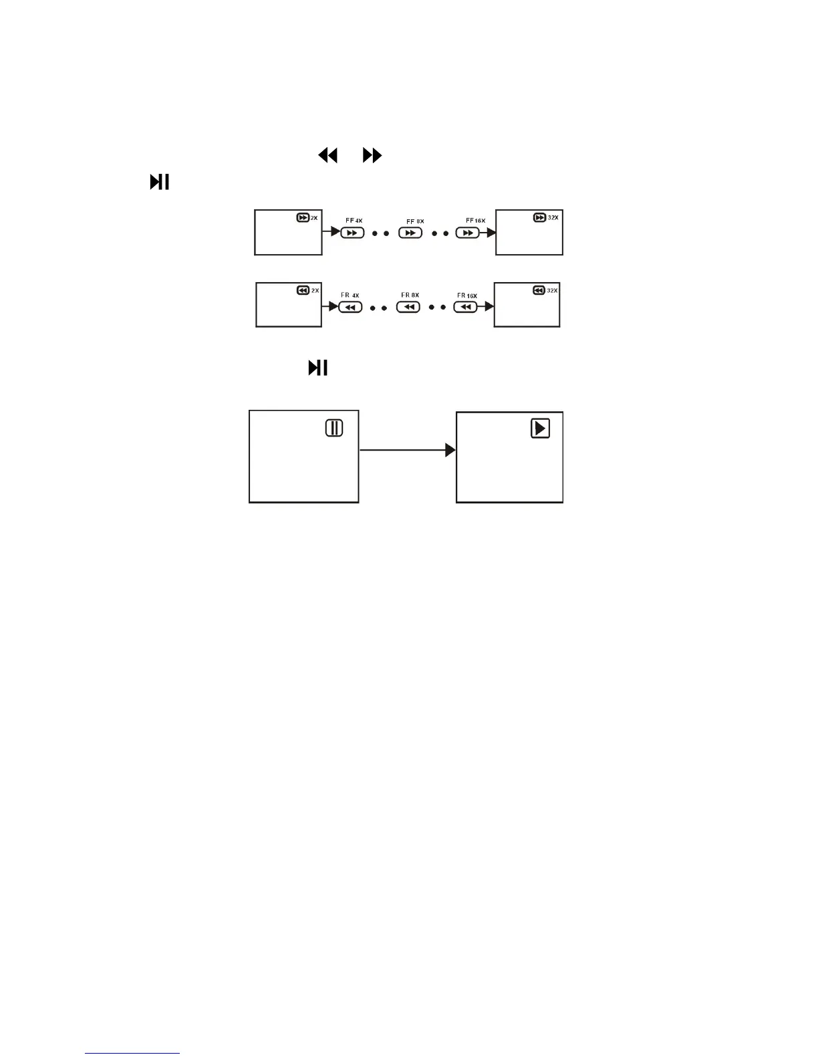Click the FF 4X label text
tap(354, 221)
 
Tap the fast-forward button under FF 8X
tap(410, 233)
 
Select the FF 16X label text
tap(476, 221)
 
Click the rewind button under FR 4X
tap(350, 307)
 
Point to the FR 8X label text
tap(410, 295)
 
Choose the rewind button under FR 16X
tap(466, 307)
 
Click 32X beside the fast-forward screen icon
tap(553, 218)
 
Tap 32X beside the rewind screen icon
tap(552, 291)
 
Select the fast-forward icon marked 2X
tap(303, 218)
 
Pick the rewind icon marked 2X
tap(303, 291)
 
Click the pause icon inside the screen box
tap(334, 428)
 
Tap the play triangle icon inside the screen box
tap(540, 428)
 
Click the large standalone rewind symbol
tap(327, 156)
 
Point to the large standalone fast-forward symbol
tap(372, 156)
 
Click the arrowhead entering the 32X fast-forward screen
tap(491, 233)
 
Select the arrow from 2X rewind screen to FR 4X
tap(330, 307)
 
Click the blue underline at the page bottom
tap(132, 1054)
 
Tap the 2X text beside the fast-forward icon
tap(315, 218)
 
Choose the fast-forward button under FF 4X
tap(352, 233)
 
